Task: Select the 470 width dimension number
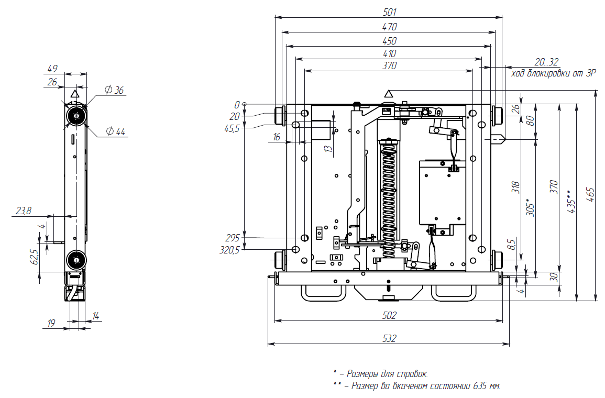click(389, 27)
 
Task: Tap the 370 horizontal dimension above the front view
click(389, 66)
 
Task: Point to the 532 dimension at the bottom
click(389, 339)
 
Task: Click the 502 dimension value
click(389, 315)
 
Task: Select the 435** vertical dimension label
click(572, 202)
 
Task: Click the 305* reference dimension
click(530, 206)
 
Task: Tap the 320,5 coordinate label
click(229, 250)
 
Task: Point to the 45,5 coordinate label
click(232, 128)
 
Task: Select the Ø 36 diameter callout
click(114, 91)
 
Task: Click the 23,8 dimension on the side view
click(24, 211)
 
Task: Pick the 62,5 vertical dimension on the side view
click(35, 257)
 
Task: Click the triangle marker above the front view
click(389, 94)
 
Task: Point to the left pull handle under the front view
click(322, 293)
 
